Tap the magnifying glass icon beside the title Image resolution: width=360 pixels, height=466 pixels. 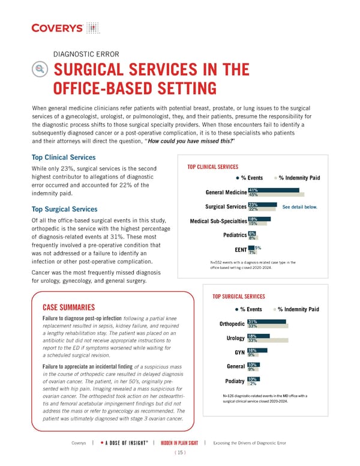click(x=41, y=85)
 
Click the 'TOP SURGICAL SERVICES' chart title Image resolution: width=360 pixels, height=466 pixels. click(x=239, y=297)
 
